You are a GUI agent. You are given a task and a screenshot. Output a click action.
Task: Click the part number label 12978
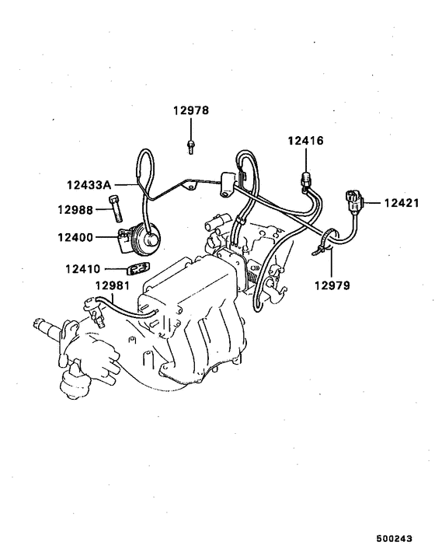click(x=190, y=111)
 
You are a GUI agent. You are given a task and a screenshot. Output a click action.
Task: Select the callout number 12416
click(x=305, y=142)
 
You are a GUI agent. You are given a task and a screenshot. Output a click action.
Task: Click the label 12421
click(x=401, y=204)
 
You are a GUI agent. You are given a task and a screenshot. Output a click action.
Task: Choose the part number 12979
click(x=332, y=285)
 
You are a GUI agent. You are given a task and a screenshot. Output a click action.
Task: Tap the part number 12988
click(x=75, y=209)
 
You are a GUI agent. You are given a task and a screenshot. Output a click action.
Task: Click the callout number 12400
click(x=75, y=237)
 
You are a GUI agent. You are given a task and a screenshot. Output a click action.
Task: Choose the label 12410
click(x=82, y=270)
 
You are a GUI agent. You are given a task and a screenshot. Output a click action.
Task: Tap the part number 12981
click(x=112, y=285)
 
